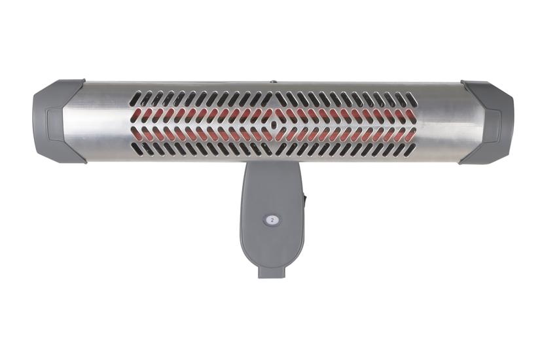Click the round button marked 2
272,220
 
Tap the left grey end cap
58,121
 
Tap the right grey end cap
486,122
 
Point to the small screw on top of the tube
274,82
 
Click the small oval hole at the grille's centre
273,125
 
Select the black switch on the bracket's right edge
305,199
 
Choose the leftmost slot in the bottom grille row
136,150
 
